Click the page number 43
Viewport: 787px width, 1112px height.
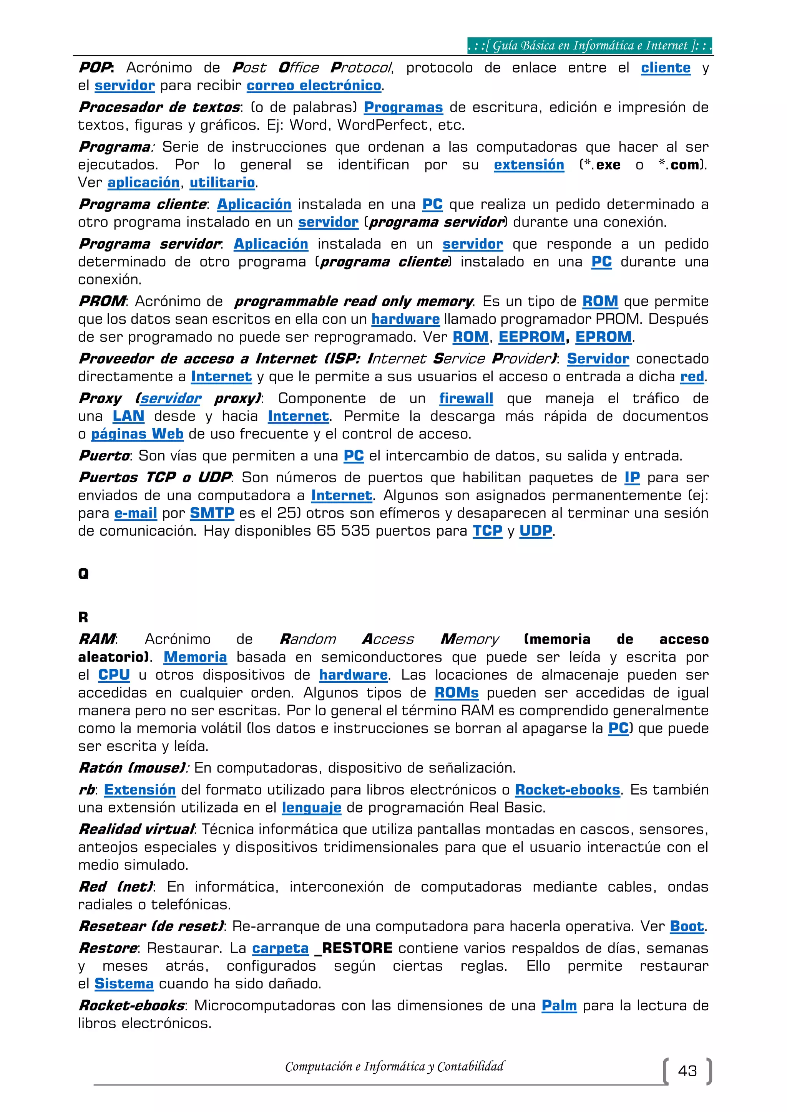click(x=687, y=1071)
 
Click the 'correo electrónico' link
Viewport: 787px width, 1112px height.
click(x=314, y=86)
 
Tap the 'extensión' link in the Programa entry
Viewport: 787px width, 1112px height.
click(x=529, y=165)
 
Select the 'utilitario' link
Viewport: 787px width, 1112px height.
click(x=222, y=183)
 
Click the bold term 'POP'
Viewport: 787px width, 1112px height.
click(x=95, y=68)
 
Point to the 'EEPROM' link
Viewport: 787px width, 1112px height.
click(x=531, y=337)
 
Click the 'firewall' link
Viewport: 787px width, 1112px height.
click(x=466, y=399)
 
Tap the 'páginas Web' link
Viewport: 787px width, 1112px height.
click(x=137, y=434)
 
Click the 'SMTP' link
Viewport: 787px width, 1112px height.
click(x=212, y=513)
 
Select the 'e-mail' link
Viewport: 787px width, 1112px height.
click(x=136, y=513)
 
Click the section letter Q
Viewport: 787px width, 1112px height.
click(x=83, y=574)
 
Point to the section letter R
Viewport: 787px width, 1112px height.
click(x=83, y=617)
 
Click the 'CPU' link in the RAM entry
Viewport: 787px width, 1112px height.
click(x=114, y=675)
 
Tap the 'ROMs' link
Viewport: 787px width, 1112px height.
click(x=456, y=693)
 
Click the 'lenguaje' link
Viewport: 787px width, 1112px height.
click(x=312, y=808)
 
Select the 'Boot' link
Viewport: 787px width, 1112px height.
click(x=687, y=927)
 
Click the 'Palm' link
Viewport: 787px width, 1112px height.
click(x=559, y=1006)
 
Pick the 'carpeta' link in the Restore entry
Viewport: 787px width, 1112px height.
click(x=280, y=948)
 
